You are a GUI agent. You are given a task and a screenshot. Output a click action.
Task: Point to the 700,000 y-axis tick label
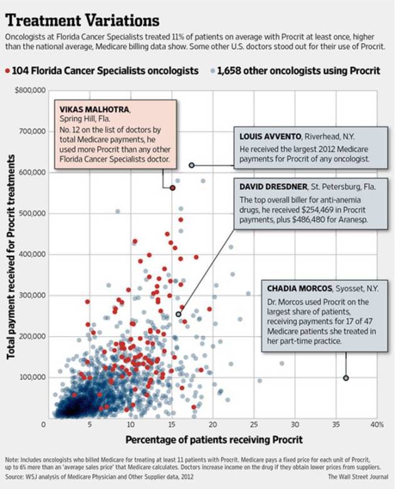32,132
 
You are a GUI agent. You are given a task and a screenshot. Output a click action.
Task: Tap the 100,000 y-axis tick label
32,377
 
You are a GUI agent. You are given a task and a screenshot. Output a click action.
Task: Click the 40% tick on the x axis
377,424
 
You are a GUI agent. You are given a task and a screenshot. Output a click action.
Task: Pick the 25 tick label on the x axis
254,424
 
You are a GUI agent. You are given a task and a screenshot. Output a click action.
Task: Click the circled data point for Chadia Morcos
345,377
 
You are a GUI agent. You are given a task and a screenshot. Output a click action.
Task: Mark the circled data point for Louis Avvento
191,166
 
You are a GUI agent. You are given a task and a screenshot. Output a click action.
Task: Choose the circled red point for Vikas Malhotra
172,187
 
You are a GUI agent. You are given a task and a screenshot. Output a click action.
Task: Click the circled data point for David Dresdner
179,314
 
